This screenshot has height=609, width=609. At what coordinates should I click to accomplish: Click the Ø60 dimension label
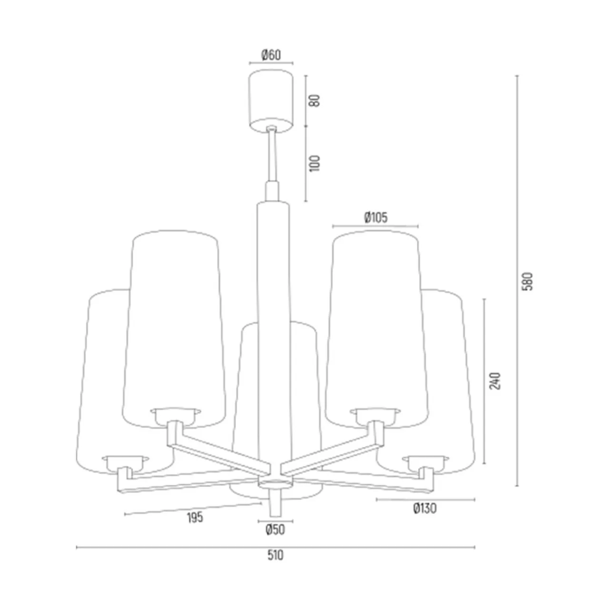click(x=271, y=55)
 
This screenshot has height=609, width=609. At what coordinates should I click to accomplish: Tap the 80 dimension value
click(x=315, y=100)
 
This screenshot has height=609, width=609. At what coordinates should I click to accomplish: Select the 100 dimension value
click(x=315, y=163)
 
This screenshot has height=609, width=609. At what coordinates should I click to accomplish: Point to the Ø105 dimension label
click(x=375, y=217)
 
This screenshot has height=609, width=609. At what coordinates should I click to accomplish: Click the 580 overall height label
click(x=528, y=281)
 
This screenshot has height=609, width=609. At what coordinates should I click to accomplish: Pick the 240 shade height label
click(x=495, y=381)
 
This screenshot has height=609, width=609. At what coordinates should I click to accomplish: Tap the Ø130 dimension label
click(x=425, y=508)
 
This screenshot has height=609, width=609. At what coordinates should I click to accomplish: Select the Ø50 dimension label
click(x=275, y=530)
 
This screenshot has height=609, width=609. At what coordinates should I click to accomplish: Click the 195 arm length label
click(x=195, y=518)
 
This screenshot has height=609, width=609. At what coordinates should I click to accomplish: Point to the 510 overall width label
click(x=275, y=555)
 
